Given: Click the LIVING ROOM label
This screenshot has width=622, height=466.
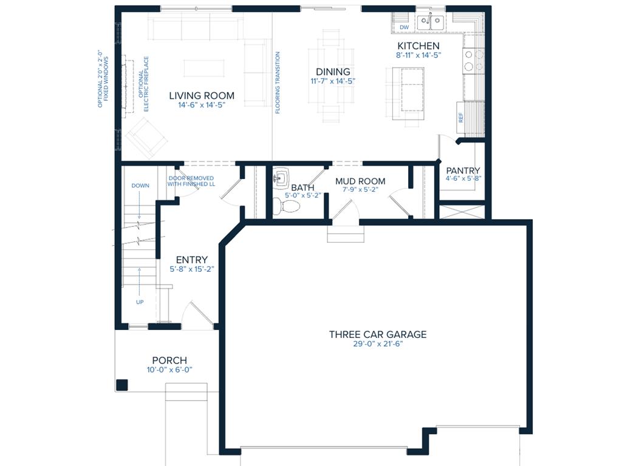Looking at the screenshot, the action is click(202, 95).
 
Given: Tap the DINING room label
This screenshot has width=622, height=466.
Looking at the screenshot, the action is click(333, 72).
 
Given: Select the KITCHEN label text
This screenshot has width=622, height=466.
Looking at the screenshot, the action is click(418, 46).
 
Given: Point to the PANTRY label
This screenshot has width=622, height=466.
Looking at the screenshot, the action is click(463, 171).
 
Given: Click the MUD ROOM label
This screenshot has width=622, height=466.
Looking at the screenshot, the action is click(360, 181).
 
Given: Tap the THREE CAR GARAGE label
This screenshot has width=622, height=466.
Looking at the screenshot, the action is click(378, 334).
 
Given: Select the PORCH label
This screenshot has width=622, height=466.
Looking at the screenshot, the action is click(169, 360).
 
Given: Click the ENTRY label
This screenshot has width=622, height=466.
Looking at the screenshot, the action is click(191, 260).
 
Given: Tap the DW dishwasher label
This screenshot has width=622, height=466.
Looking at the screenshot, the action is click(404, 27).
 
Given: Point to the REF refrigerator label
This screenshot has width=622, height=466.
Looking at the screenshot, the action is click(461, 118).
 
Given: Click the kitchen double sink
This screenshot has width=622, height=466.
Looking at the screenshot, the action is click(431, 22).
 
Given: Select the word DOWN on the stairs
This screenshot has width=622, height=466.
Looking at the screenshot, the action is click(140, 186).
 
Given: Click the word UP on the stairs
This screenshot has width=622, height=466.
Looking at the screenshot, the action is click(140, 302).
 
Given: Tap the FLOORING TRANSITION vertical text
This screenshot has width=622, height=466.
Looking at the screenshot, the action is click(277, 83).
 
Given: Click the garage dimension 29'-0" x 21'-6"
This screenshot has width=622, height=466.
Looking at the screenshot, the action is click(378, 344).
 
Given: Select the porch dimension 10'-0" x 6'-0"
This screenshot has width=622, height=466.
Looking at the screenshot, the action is click(169, 370).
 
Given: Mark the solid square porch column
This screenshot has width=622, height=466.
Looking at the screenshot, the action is click(121, 385).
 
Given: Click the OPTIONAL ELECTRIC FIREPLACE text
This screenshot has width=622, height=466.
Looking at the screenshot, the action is click(143, 84).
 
